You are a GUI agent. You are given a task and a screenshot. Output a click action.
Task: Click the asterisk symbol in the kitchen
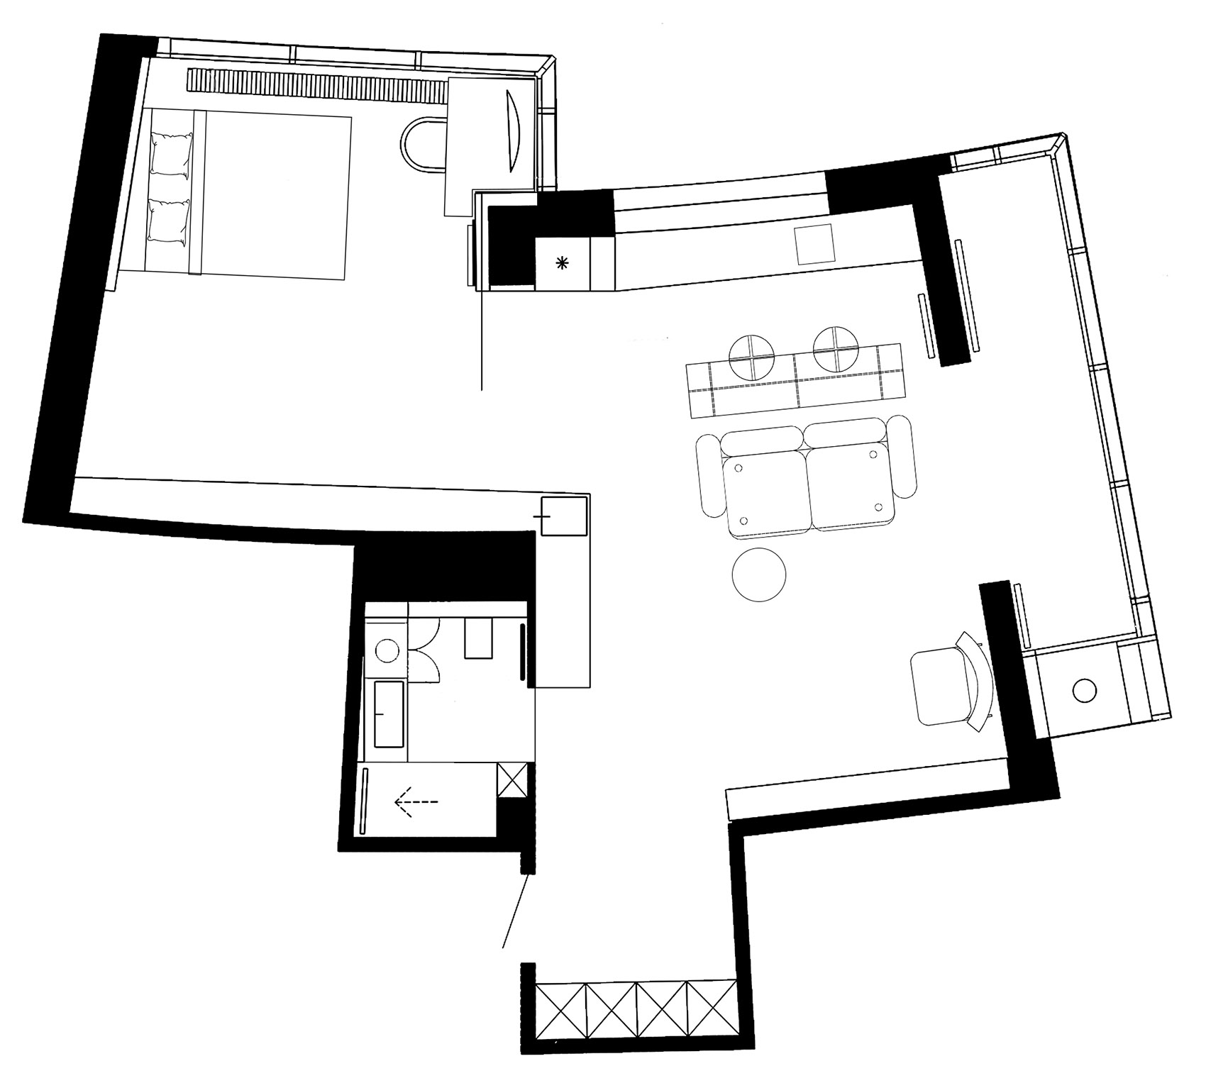(562, 264)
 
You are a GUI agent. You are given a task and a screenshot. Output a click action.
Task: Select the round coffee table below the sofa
(759, 575)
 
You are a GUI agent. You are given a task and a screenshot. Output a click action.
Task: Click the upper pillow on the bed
(170, 155)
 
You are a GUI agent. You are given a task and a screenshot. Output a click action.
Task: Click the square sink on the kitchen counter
(814, 245)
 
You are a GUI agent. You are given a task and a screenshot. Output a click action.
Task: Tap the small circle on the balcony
(1084, 689)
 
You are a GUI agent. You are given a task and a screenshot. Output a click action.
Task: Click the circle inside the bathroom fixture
(387, 650)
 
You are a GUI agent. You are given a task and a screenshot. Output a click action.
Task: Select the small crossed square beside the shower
(512, 781)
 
